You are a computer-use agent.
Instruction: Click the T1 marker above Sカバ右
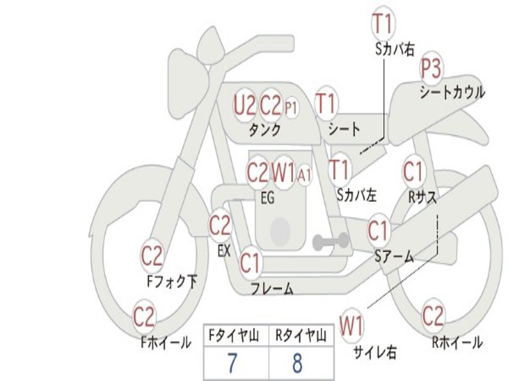tap(383, 24)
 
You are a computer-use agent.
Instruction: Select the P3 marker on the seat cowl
tap(431, 69)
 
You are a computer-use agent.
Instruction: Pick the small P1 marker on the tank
tap(291, 108)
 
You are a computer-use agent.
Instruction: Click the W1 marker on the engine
tap(283, 173)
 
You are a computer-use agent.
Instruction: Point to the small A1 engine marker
tap(304, 175)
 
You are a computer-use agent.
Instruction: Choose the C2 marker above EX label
tap(220, 225)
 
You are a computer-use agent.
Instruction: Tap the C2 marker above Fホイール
tap(144, 317)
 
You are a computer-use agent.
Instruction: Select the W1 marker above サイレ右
tap(352, 325)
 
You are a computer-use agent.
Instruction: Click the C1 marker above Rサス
tap(413, 171)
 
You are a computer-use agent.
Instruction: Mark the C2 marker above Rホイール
tap(433, 316)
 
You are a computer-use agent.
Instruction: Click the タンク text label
tap(265, 130)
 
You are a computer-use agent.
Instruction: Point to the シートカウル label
tap(452, 92)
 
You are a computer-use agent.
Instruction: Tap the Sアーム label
tap(394, 256)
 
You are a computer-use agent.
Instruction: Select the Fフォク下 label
tap(172, 282)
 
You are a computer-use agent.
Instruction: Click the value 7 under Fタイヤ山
tap(232, 363)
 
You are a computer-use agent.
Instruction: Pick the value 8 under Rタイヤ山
tap(298, 363)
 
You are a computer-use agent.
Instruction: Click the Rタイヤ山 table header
tap(301, 335)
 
